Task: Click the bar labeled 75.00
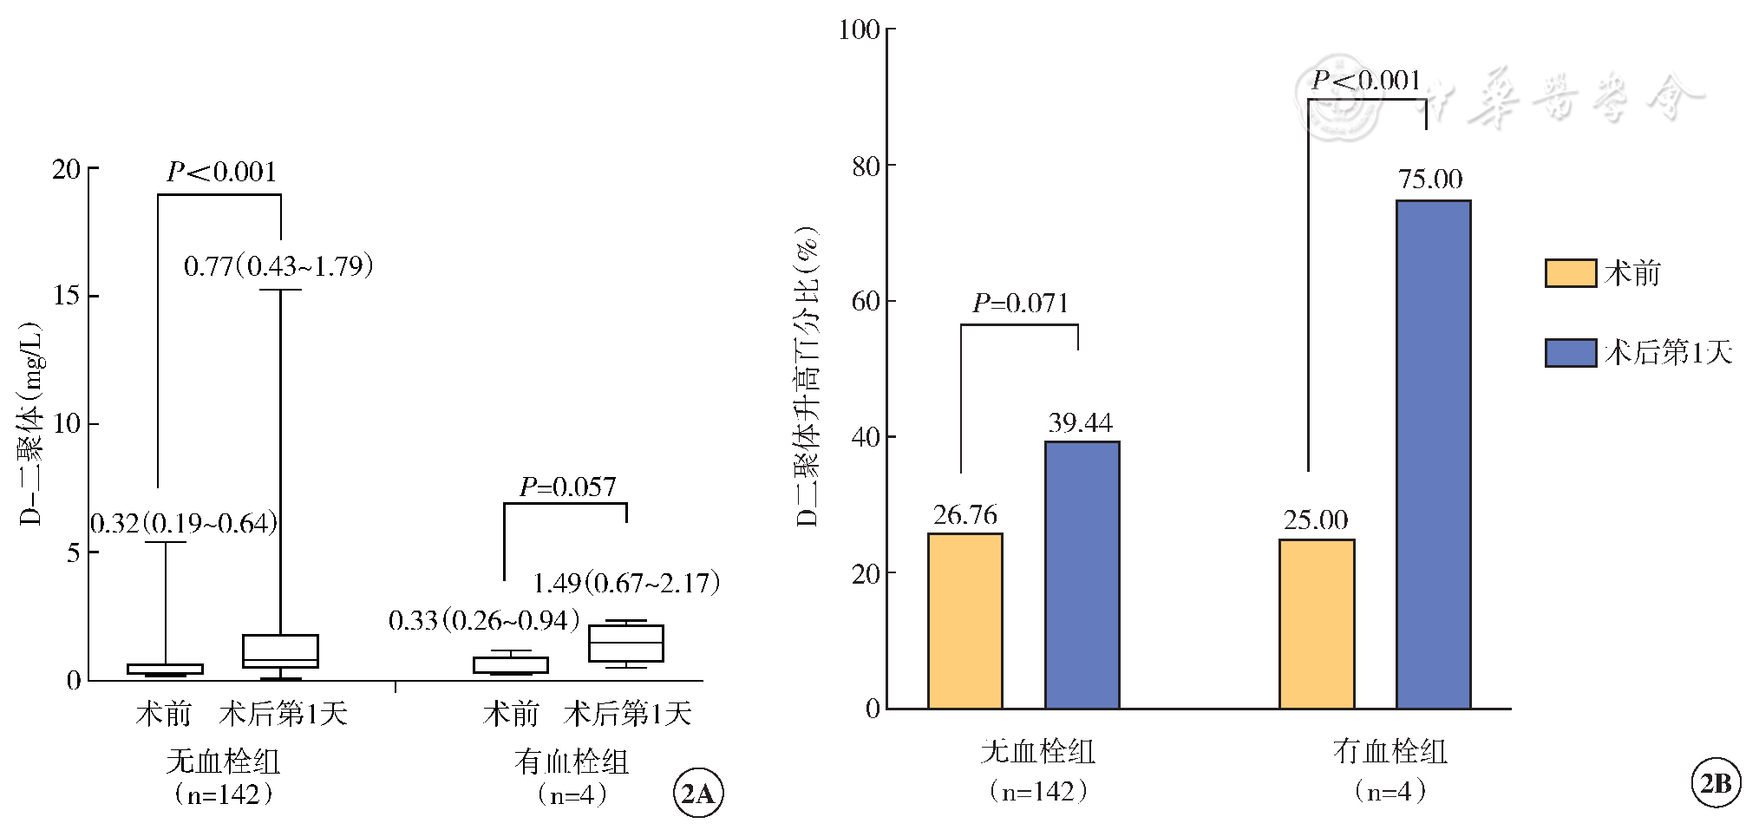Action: pos(1433,454)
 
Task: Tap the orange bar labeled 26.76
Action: pos(965,621)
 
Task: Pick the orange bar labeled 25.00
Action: pos(1317,624)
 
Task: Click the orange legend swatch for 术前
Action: pos(1570,273)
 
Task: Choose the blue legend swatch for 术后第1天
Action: pos(1570,353)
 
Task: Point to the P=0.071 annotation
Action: pos(1020,304)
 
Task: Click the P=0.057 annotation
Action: pos(567,487)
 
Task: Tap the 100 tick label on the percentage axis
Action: pos(859,29)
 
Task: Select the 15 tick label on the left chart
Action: pos(66,296)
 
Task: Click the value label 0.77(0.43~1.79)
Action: pos(278,265)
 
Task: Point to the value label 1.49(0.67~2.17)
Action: pos(625,583)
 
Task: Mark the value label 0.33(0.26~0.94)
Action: pos(483,620)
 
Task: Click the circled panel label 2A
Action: pos(698,794)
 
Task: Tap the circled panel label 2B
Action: pos(1716,783)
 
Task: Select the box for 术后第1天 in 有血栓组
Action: pos(625,644)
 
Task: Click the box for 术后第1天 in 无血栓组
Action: pos(280,650)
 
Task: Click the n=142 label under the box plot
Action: pos(223,794)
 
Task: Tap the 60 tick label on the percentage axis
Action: pos(866,301)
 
